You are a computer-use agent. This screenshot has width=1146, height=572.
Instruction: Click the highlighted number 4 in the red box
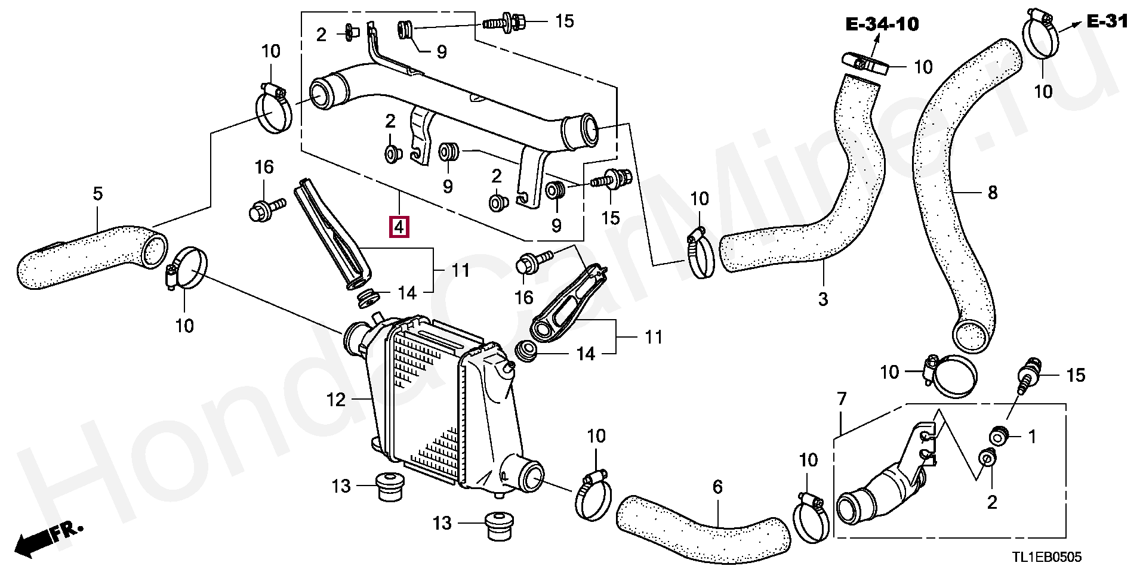[399, 227]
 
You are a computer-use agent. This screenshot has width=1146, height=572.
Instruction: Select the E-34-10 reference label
[882, 24]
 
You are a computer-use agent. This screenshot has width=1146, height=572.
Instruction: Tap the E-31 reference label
[1107, 22]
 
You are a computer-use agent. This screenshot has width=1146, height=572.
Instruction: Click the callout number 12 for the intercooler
[336, 400]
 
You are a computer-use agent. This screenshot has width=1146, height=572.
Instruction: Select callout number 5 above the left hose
[98, 193]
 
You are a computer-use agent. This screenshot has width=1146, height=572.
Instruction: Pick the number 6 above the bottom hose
[717, 487]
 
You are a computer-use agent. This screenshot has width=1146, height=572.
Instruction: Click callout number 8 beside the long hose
[992, 193]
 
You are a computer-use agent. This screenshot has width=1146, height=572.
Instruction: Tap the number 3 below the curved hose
[823, 299]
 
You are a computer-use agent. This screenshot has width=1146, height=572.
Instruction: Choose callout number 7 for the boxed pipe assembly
[842, 399]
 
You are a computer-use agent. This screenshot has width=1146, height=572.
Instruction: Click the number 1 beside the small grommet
[1032, 437]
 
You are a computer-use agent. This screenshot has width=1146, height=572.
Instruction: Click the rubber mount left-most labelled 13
[389, 487]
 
